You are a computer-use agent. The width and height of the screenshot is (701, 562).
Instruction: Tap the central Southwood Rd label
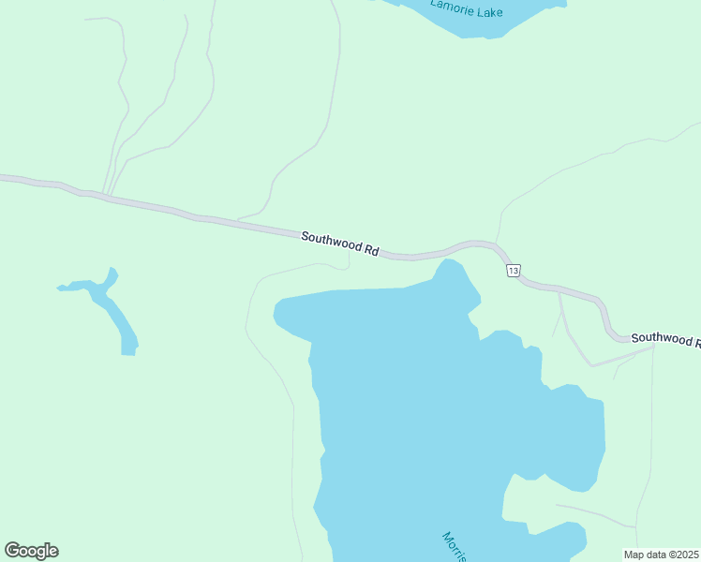339,244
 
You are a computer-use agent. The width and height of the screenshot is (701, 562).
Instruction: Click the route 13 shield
512,271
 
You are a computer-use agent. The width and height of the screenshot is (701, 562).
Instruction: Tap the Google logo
31,551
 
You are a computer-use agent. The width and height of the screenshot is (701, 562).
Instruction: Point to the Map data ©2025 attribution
661,555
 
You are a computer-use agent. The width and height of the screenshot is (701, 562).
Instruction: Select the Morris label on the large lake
455,546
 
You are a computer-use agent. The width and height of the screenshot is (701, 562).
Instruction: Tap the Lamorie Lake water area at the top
487,23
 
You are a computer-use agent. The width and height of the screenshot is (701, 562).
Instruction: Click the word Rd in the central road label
371,251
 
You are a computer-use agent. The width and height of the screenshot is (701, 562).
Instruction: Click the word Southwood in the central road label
331,242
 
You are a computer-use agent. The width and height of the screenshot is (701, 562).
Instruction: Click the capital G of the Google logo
12,551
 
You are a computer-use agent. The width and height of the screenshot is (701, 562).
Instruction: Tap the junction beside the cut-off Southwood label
653,347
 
